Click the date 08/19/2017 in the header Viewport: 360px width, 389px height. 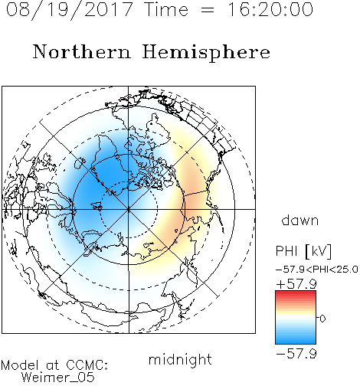click(70, 9)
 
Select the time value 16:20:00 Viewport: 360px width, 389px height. click(270, 9)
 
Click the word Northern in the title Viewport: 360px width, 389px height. click(82, 51)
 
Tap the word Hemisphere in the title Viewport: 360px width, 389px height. click(206, 52)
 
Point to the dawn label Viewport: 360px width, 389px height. click(300, 220)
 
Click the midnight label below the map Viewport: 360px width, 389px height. click(180, 359)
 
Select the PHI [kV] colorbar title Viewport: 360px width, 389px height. click(303, 251)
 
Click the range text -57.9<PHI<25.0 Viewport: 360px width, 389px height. click(316, 270)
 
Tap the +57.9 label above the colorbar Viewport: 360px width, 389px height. click(296, 284)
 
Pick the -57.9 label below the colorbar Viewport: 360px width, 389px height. click(296, 354)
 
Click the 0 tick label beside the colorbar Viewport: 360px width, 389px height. click(322, 319)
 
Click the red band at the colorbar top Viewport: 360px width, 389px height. click(296, 294)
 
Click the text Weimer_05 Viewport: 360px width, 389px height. click(58, 378)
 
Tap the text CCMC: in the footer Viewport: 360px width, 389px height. click(87, 365)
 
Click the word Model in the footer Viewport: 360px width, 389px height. click(20, 365)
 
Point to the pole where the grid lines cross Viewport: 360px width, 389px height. click(129, 209)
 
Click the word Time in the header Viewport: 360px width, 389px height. click(166, 9)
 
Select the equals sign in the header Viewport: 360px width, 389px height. click(208, 10)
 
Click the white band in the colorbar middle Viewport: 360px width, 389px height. click(296, 319)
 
